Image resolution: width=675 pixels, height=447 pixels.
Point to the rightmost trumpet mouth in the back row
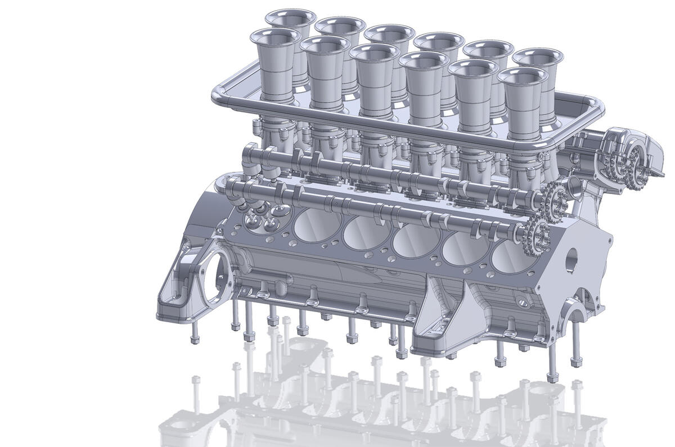(537, 57)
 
